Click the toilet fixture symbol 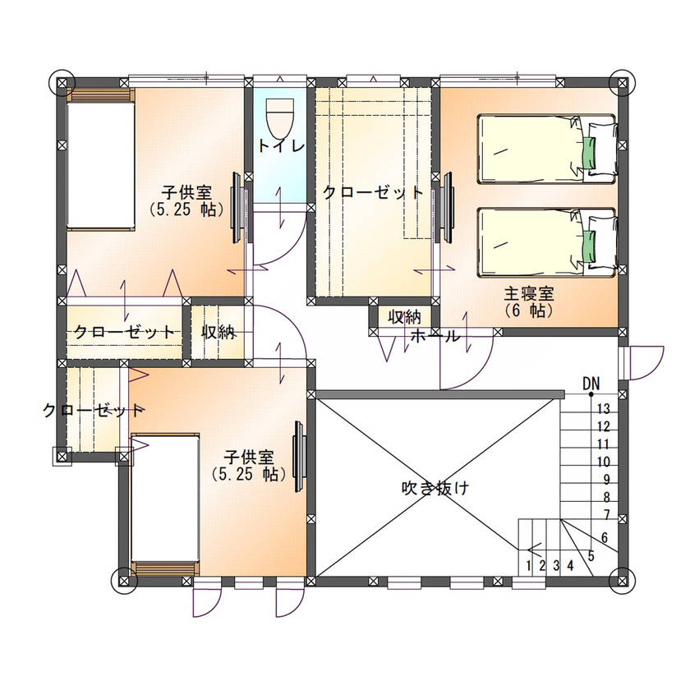(x=280, y=117)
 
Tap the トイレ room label (x=281, y=146)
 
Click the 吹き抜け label (x=435, y=487)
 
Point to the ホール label (x=433, y=336)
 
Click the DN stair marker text (x=591, y=384)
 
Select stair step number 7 (x=605, y=515)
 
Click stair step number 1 (x=530, y=564)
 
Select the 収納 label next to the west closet (x=219, y=332)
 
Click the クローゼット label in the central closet (x=373, y=193)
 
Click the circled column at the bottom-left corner (x=124, y=580)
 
